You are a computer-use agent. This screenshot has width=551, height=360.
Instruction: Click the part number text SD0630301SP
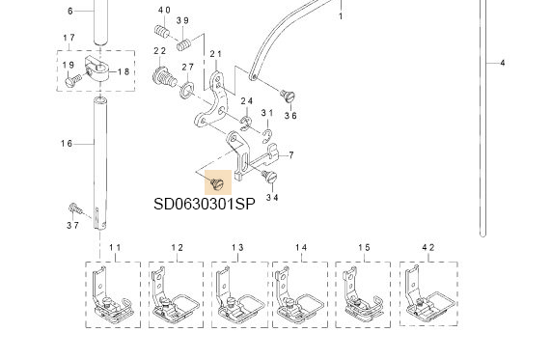pyautogui.click(x=204, y=205)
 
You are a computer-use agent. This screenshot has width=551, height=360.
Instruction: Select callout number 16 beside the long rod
pyautogui.click(x=67, y=144)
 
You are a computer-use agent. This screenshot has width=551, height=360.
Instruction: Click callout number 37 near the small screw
pyautogui.click(x=73, y=225)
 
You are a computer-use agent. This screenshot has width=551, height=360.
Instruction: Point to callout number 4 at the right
pyautogui.click(x=502, y=63)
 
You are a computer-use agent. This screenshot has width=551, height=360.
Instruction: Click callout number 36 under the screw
pyautogui.click(x=289, y=115)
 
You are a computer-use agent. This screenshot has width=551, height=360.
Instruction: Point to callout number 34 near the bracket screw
pyautogui.click(x=272, y=197)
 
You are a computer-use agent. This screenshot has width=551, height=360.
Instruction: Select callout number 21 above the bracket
pyautogui.click(x=215, y=54)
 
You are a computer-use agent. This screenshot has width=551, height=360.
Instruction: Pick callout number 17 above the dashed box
pyautogui.click(x=69, y=38)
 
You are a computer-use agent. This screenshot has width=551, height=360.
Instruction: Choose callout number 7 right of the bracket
pyautogui.click(x=290, y=154)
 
